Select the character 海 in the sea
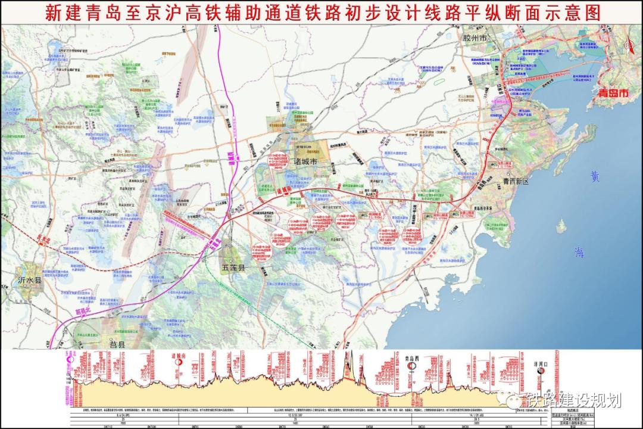579,252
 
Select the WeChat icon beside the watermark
513,400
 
